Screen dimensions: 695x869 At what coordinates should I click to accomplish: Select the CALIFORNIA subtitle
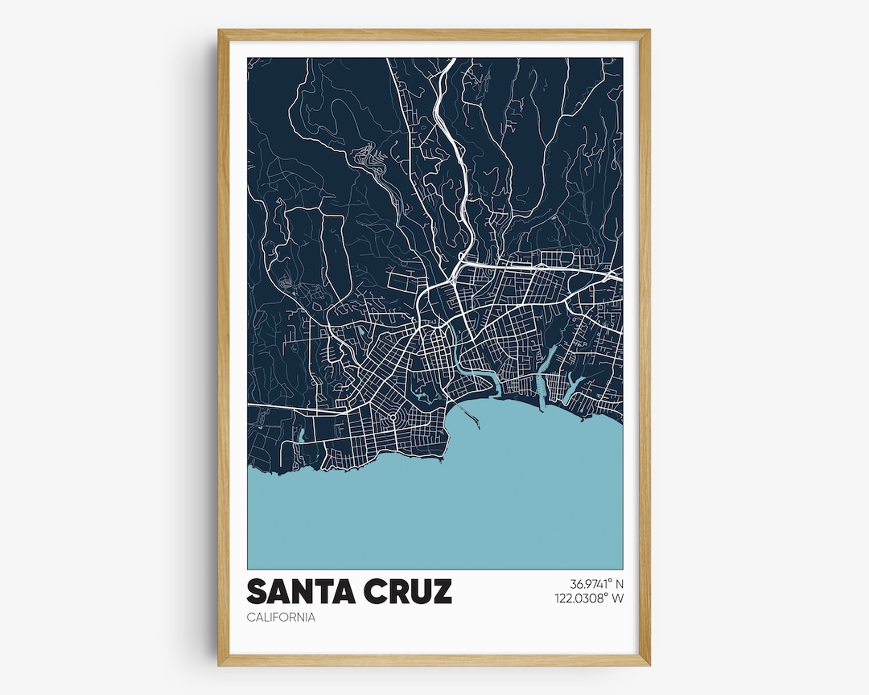pos(281,618)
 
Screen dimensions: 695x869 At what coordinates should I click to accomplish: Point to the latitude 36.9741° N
pos(596,584)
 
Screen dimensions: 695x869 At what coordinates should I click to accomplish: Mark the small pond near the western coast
pos(300,436)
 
